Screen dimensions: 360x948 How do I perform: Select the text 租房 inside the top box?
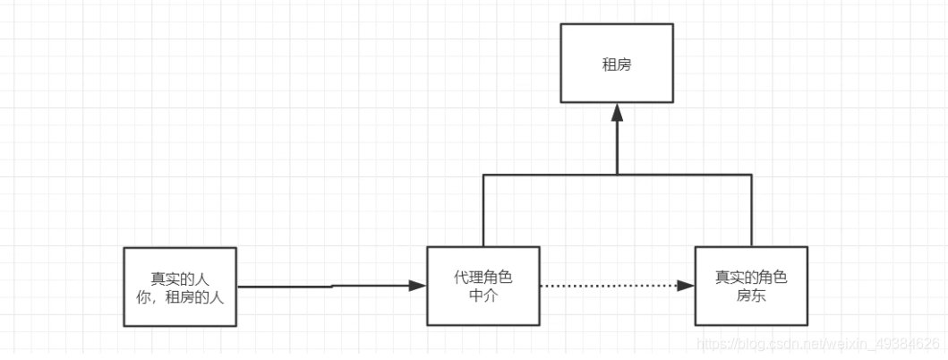[x=617, y=64]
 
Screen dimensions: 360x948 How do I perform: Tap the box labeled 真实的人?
[x=180, y=286]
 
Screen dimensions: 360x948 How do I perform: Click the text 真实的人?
[x=180, y=278]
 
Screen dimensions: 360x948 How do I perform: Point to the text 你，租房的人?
[x=180, y=296]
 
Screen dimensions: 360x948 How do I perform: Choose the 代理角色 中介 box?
[x=483, y=286]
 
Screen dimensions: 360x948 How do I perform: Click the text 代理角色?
[x=483, y=277]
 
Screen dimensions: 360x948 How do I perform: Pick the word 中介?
[x=483, y=295]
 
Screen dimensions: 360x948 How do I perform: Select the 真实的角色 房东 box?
[x=751, y=286]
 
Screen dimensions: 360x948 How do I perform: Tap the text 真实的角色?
[x=751, y=277]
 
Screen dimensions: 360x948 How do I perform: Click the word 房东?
[x=751, y=295]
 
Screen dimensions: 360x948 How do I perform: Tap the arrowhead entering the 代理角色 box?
[x=417, y=286]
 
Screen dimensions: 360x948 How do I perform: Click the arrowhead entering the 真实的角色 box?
[x=687, y=286]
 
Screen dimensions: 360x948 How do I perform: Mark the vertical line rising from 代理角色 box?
[x=483, y=210]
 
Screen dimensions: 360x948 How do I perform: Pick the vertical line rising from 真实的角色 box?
[x=751, y=210]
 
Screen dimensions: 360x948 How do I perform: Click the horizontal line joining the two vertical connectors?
[x=555, y=175]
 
